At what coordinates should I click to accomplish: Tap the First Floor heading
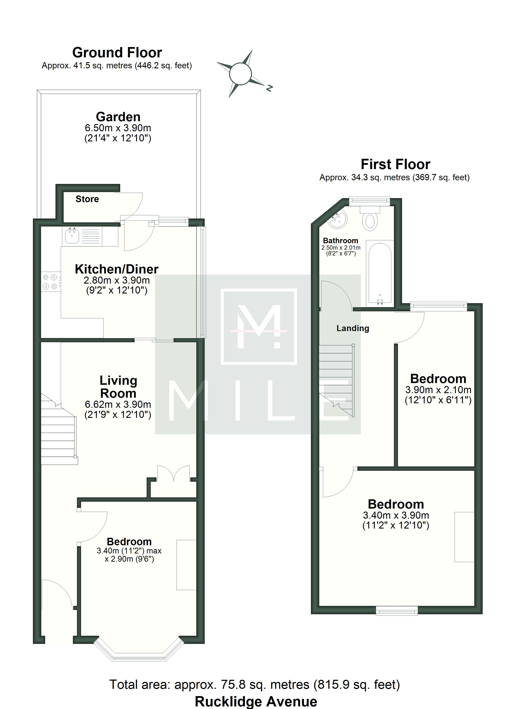[396, 164]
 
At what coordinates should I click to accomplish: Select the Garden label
[118, 117]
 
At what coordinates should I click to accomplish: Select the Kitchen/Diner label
[117, 269]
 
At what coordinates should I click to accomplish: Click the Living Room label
[118, 387]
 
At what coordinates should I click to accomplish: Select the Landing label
[353, 328]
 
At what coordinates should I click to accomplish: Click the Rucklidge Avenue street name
[256, 701]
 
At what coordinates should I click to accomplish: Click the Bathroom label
[341, 241]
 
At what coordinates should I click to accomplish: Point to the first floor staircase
[337, 381]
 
